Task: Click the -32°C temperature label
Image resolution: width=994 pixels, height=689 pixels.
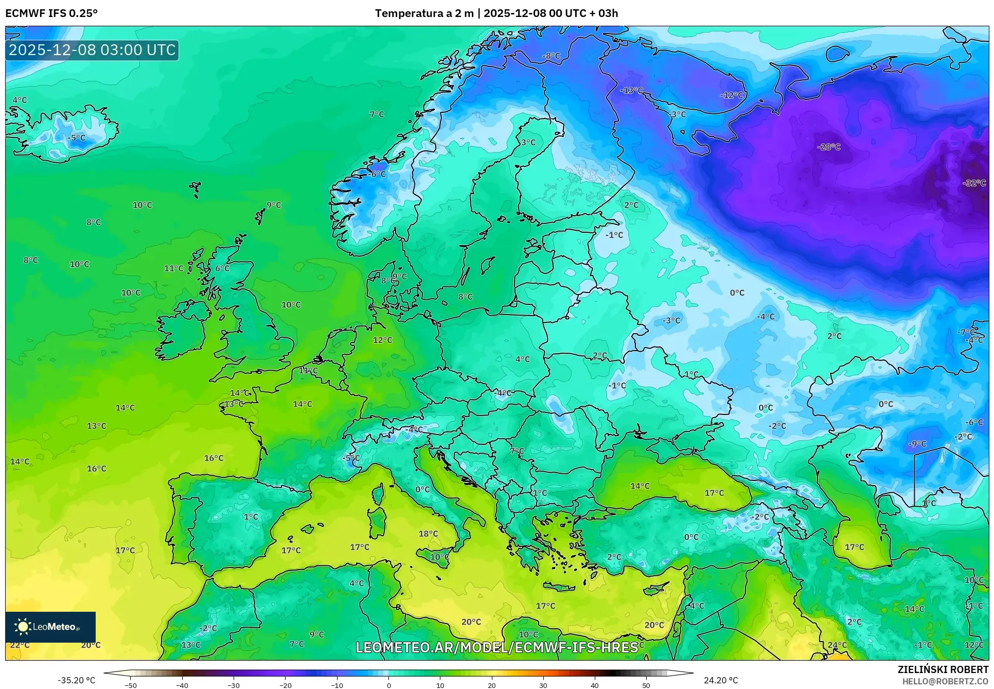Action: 974,183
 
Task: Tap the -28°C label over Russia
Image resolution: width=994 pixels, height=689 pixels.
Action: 828,147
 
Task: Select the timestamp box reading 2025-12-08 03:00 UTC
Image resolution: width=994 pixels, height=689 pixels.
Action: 92,50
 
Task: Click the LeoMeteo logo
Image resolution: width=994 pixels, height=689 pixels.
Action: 50,627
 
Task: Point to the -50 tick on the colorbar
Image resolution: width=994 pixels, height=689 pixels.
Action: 131,685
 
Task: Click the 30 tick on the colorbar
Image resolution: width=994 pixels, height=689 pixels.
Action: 543,685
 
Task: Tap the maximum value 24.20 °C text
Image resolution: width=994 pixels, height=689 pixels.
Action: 720,680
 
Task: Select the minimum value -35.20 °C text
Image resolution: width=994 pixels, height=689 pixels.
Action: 76,680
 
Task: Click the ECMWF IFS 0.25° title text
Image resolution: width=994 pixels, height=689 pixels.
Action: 51,13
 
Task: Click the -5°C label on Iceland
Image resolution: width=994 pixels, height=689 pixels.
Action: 77,137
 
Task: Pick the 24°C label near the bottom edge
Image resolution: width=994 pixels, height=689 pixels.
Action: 837,645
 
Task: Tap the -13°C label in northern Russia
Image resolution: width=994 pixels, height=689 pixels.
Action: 631,90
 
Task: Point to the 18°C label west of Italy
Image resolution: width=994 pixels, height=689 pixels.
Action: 428,533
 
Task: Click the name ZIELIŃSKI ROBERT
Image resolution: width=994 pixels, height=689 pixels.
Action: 943,669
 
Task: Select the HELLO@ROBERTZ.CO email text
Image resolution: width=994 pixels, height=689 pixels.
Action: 945,681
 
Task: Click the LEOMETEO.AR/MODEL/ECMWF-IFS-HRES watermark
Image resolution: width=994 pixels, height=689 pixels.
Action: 496,647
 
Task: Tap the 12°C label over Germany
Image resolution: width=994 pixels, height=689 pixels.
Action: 382,340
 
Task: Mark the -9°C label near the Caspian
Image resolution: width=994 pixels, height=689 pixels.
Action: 917,443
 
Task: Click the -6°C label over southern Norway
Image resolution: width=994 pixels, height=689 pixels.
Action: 377,174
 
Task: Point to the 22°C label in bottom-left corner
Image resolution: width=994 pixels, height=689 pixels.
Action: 20,645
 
